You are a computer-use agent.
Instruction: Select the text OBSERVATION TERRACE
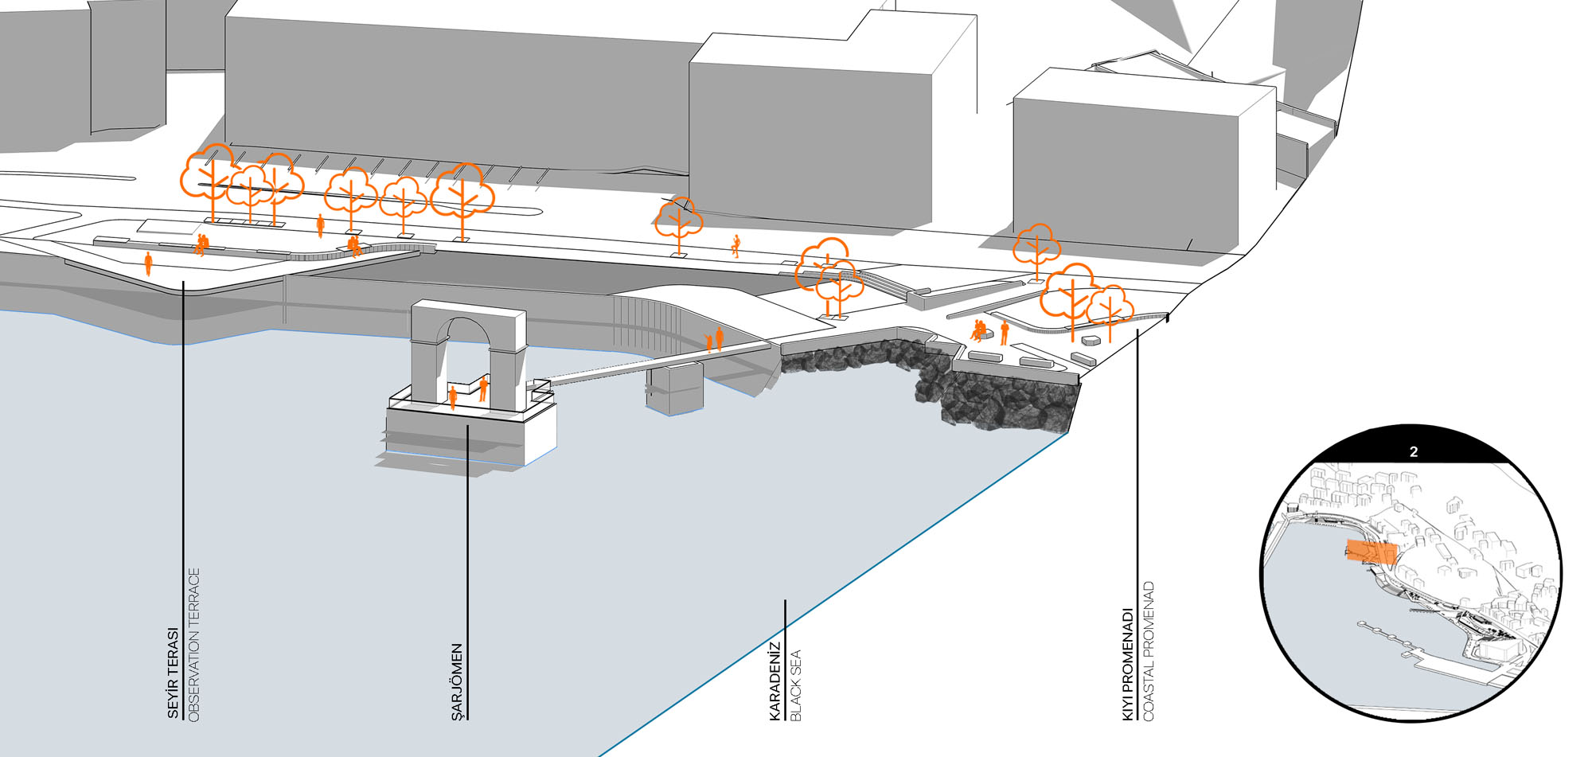pyautogui.click(x=193, y=645)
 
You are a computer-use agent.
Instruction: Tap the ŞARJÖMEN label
pyautogui.click(x=457, y=682)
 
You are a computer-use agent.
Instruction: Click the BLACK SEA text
pyautogui.click(x=795, y=685)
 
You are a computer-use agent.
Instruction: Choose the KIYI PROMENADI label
pyautogui.click(x=1128, y=665)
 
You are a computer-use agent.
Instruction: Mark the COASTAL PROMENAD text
pyautogui.click(x=1148, y=652)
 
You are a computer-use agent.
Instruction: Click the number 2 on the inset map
pyautogui.click(x=1413, y=452)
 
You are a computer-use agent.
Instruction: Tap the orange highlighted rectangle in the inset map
pyautogui.click(x=1372, y=552)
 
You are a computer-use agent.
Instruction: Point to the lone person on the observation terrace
pyautogui.click(x=148, y=263)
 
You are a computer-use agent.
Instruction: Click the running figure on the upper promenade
pyautogui.click(x=736, y=246)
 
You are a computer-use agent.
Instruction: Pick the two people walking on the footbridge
pyautogui.click(x=715, y=340)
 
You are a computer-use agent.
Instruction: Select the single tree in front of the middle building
pyautogui.click(x=678, y=222)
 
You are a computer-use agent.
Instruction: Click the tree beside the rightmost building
pyautogui.click(x=1036, y=247)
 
